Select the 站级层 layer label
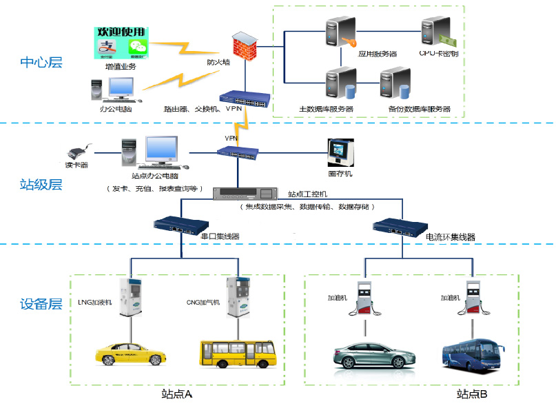41,184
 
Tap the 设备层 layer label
41,304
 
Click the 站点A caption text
176,394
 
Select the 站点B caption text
472,394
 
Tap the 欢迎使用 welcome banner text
122,32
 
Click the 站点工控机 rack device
245,193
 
